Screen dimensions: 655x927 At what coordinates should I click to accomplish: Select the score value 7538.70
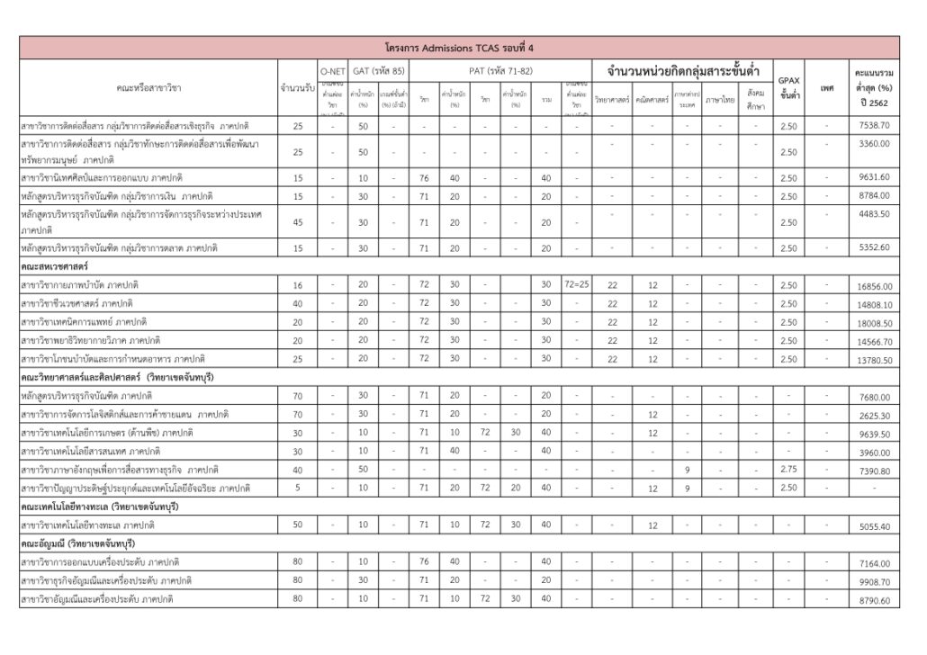(874, 126)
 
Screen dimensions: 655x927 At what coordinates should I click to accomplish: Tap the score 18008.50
(874, 323)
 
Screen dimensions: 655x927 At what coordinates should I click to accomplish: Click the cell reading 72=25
(577, 285)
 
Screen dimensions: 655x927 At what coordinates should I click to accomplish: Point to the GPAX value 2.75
(788, 470)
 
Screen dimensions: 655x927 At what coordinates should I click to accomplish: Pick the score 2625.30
(874, 416)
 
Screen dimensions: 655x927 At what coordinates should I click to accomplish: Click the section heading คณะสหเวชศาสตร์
(55, 266)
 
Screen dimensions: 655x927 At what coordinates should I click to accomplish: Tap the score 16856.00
(874, 286)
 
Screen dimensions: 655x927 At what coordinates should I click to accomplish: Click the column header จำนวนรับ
(297, 87)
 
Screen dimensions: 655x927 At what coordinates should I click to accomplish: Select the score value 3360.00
(874, 144)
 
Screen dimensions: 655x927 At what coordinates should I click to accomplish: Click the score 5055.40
(874, 526)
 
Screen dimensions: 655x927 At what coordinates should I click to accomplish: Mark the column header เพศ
(827, 87)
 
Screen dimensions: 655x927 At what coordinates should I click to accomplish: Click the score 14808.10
(874, 305)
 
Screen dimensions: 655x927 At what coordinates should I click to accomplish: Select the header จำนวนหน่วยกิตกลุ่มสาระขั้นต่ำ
(681, 70)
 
